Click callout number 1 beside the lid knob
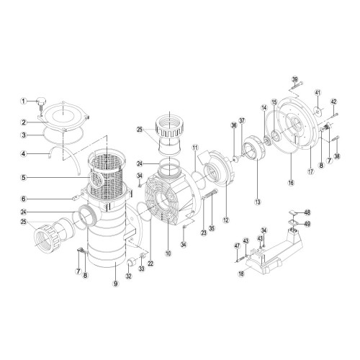coord(23,102)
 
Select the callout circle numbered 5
coord(23,177)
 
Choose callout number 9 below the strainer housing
coord(116,284)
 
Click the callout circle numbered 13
coord(258,202)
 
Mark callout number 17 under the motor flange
coord(311,171)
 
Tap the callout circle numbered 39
coord(295,79)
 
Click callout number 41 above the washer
coord(318,93)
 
